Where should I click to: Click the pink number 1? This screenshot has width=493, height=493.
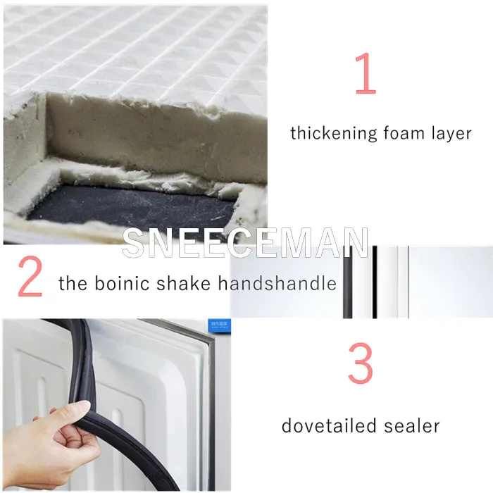coord(366,73)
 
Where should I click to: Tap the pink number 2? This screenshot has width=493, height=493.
coord(30,276)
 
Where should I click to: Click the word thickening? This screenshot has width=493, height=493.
coord(334,133)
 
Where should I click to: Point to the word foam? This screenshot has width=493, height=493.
coord(404,132)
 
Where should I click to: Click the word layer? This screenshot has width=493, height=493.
coord(451,133)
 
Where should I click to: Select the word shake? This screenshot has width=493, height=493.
coord(183,282)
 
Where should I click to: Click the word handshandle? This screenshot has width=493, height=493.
coord(277,282)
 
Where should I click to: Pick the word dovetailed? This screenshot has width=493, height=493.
coord(329,425)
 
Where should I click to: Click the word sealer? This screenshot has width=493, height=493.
coord(411,425)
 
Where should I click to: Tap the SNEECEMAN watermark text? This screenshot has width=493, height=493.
coord(245,242)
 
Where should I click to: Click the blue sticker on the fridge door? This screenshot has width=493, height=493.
coord(220,325)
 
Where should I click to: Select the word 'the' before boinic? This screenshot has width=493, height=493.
coord(73,282)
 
